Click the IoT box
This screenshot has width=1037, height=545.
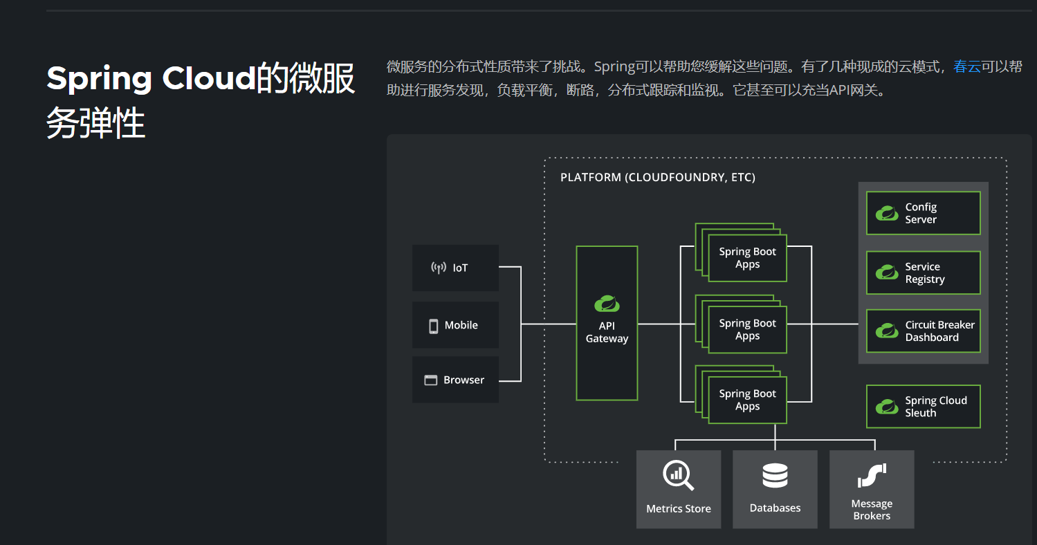455,268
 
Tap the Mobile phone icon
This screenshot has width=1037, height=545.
434,326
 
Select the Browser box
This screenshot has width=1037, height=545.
455,380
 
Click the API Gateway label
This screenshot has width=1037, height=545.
607,333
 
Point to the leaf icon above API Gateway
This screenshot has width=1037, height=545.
607,303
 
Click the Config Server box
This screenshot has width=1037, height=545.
923,213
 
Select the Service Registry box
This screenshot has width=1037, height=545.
923,273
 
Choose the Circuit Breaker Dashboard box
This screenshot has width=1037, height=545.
923,331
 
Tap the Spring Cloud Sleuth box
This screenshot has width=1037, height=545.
923,407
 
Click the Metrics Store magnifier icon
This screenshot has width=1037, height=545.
678,476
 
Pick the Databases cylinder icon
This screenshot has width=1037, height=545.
775,476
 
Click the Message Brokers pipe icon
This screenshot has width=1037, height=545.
872,475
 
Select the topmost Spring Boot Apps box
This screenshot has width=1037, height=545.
747,258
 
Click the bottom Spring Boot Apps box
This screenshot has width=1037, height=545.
747,400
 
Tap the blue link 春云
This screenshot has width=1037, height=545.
967,67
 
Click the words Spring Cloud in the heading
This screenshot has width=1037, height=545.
151,79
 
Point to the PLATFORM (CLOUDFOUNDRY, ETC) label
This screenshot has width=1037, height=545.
657,178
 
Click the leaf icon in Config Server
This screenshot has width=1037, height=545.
886,213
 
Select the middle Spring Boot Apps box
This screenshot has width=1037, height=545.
747,330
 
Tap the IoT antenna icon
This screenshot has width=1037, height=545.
439,268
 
